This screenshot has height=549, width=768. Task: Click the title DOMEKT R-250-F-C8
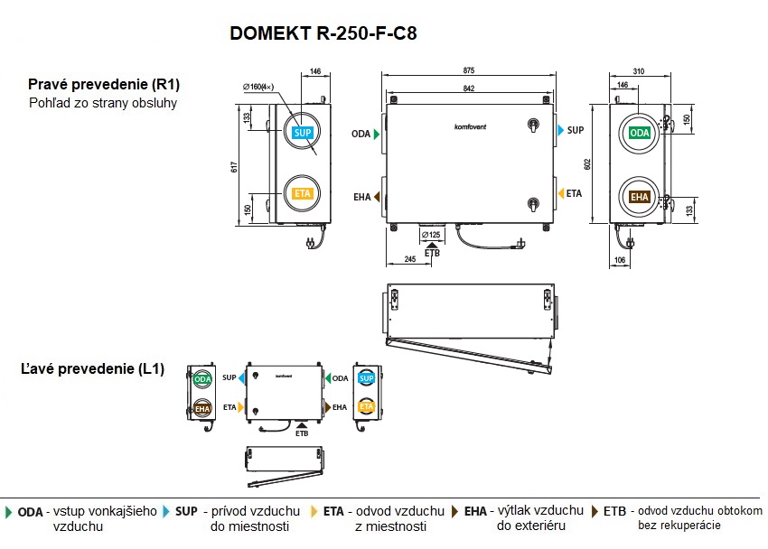(x=323, y=33)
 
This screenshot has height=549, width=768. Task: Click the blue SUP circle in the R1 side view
(x=301, y=132)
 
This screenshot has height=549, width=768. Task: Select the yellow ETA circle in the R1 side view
(x=301, y=193)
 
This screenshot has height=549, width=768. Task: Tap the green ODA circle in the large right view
(x=639, y=134)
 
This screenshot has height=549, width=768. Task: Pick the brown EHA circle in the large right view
(x=639, y=197)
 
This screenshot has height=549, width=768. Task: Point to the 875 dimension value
(x=468, y=70)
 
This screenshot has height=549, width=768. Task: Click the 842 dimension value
(x=468, y=87)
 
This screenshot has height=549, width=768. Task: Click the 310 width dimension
(x=639, y=70)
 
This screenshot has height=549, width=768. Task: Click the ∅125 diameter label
(x=432, y=236)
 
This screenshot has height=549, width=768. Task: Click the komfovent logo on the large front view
(x=469, y=126)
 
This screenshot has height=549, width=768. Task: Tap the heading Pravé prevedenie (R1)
(x=103, y=84)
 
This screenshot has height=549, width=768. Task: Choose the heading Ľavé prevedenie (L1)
(x=93, y=369)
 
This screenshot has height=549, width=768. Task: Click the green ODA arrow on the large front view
(x=376, y=134)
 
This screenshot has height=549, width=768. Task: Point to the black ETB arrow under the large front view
(x=433, y=245)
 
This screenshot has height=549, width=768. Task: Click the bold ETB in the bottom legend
(x=614, y=511)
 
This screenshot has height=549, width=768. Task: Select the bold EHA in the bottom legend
(x=476, y=511)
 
